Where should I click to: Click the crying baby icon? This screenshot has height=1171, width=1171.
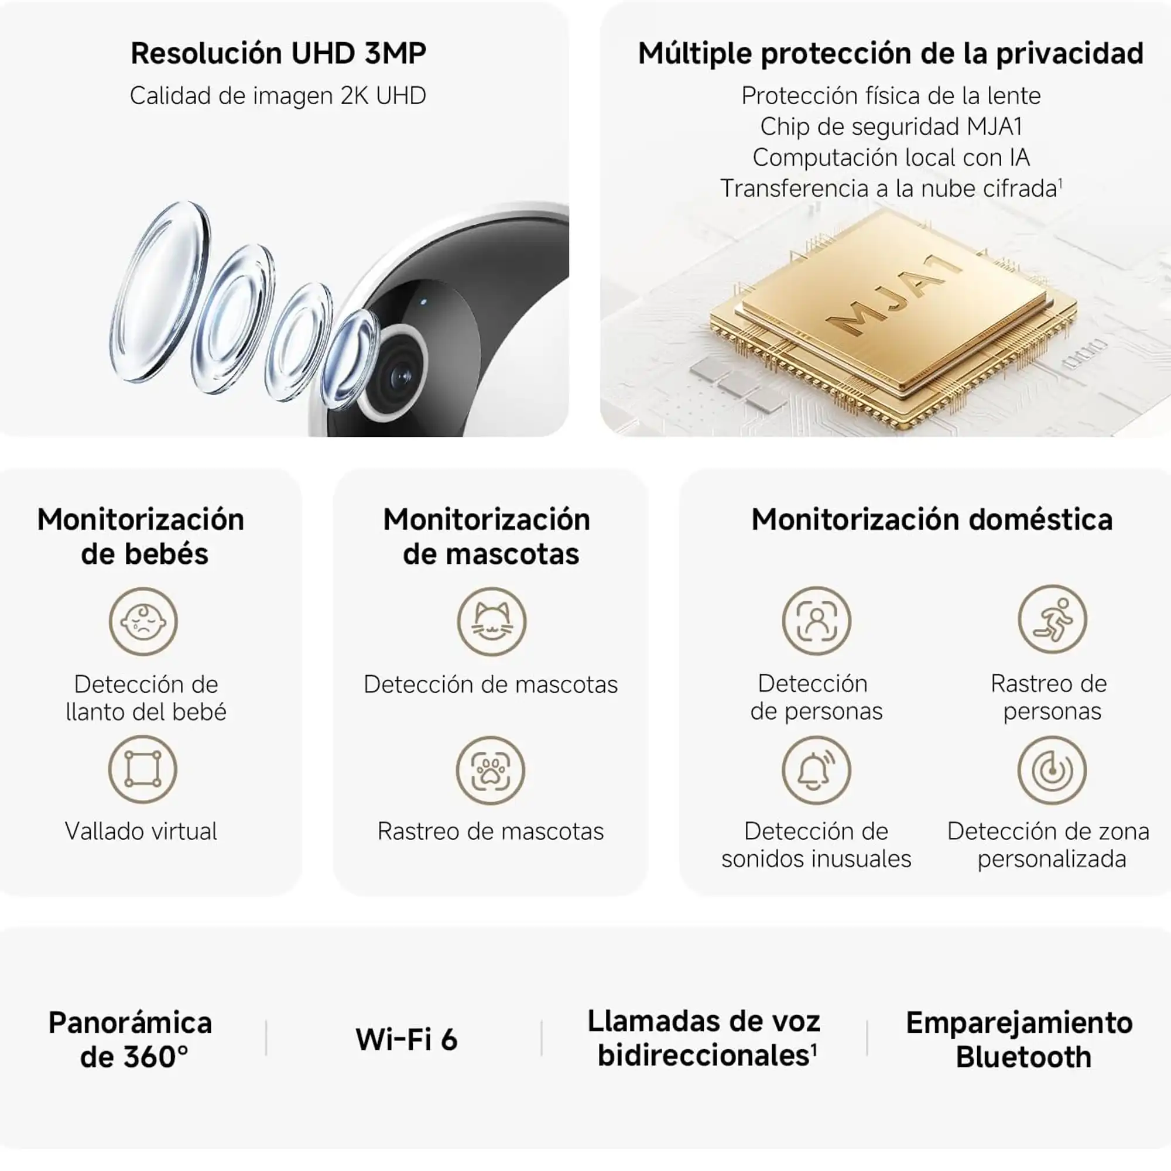click(143, 621)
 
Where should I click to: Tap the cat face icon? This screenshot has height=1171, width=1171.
click(492, 621)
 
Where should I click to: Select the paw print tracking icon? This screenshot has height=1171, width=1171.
click(490, 771)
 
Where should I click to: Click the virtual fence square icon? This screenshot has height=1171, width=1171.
click(142, 769)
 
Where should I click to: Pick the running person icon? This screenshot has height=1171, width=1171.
click(1052, 619)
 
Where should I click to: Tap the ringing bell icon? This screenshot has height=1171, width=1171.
click(816, 771)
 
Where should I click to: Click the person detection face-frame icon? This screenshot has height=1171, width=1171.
click(816, 621)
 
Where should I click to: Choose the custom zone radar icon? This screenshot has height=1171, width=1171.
click(1052, 771)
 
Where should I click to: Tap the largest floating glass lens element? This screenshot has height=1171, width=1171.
click(160, 292)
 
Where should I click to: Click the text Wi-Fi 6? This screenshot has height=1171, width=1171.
click(406, 1039)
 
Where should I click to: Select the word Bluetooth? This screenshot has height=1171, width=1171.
click(1023, 1056)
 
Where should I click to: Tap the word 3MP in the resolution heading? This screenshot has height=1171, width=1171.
click(395, 53)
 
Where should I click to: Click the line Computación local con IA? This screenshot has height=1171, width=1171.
click(891, 157)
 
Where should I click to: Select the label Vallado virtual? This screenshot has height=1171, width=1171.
click(141, 831)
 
